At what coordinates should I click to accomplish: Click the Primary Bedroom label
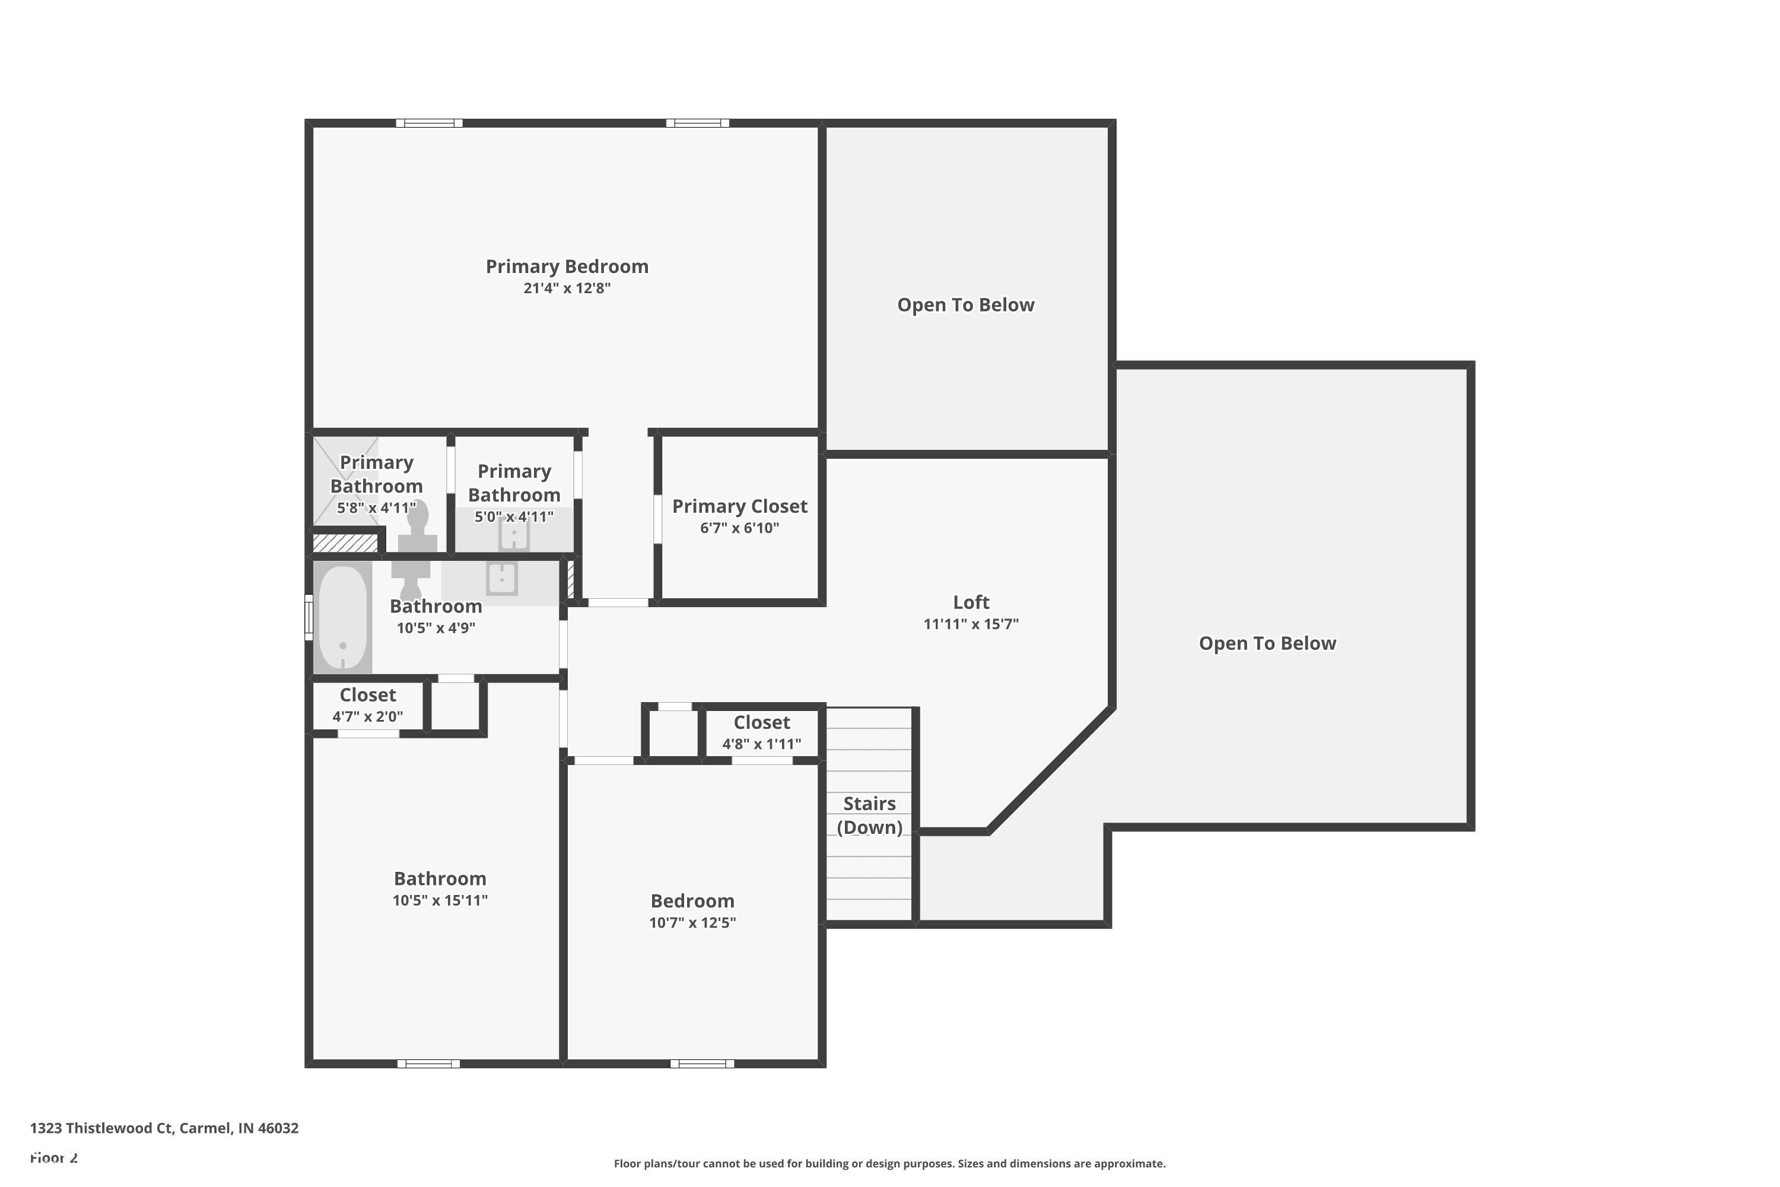567,266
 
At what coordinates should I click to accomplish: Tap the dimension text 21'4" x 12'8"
567,288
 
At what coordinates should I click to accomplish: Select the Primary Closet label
739,506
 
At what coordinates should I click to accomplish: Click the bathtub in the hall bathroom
343,617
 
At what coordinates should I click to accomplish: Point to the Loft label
971,602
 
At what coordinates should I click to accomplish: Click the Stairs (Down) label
870,815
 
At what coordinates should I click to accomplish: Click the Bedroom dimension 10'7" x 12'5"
692,923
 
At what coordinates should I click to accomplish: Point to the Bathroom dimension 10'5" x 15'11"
440,901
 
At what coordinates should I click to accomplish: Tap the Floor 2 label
54,1157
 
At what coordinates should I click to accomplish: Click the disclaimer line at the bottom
889,1163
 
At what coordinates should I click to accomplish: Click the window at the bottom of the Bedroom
701,1064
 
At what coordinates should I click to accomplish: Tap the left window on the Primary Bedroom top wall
429,123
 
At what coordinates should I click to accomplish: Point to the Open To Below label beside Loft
1267,643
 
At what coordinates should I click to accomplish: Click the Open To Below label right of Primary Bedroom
966,305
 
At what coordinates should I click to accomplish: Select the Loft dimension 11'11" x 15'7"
971,624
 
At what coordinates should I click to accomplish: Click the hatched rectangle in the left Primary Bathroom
345,543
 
